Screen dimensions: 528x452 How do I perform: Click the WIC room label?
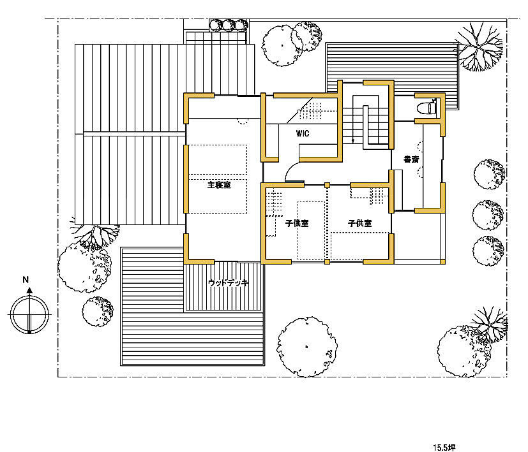coord(303,133)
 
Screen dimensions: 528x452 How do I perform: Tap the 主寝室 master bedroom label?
coord(219,185)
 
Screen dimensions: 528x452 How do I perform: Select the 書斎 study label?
coord(411,159)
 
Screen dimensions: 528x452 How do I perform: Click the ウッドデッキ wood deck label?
coord(229,283)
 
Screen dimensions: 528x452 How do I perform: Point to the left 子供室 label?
coord(297,223)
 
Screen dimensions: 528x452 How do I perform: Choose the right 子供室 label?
coord(359,223)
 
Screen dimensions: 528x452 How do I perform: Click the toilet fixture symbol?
coord(426,108)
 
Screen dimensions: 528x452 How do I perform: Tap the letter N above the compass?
coord(26,279)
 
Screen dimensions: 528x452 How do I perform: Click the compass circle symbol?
coord(29,314)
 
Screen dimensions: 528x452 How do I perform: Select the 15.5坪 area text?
coord(444,448)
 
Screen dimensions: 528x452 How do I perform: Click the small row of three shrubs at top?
coord(229,26)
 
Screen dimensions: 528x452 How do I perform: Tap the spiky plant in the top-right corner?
coord(478,47)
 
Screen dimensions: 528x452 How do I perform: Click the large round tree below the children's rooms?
coord(306,346)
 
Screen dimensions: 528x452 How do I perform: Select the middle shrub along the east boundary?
coord(488,215)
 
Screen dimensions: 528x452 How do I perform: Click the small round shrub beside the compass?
coord(98,311)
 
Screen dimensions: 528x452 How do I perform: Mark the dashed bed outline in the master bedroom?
coord(218,179)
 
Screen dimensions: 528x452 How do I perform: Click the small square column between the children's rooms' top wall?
coord(327,185)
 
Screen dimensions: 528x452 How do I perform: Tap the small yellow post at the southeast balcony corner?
coord(443,261)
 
